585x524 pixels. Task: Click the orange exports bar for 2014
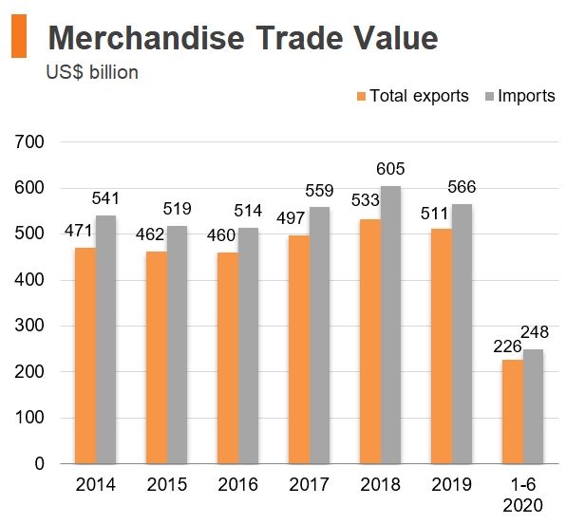(x=85, y=356)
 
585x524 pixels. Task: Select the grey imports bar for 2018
(x=391, y=325)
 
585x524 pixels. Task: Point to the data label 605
(x=390, y=169)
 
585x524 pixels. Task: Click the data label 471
(x=79, y=231)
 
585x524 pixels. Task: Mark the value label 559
(x=320, y=191)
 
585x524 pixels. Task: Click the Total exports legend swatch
(x=361, y=97)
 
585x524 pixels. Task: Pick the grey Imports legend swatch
(x=490, y=97)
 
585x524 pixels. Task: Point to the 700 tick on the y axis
(x=32, y=142)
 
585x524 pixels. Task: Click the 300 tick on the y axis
(x=32, y=327)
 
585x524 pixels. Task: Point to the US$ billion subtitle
(x=92, y=72)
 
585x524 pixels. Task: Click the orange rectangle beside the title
(x=19, y=38)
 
